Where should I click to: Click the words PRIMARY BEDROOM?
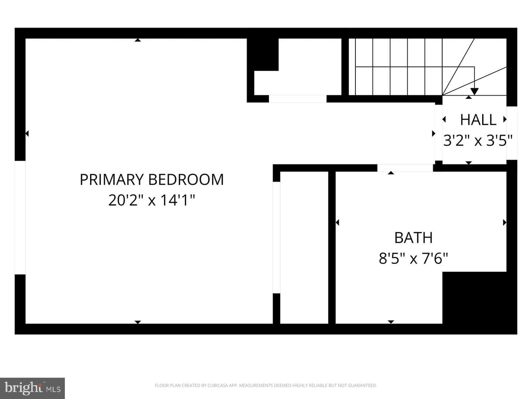point(152,180)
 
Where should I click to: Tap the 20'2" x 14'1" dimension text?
point(152,200)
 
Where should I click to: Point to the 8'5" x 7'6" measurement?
point(413,258)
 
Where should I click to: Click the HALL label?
point(478,120)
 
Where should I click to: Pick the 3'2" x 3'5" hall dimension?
point(478,140)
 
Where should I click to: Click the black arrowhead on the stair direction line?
point(474,92)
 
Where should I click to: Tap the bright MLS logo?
point(32,388)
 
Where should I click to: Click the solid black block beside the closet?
point(263,55)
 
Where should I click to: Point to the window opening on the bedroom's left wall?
point(20,218)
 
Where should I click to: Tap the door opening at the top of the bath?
point(405,168)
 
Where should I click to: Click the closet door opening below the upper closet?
point(298,99)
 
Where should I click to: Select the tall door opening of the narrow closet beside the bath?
point(277,238)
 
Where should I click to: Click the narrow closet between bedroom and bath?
point(304,248)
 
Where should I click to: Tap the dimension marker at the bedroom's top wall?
point(138,40)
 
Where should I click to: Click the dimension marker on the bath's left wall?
point(337,222)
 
